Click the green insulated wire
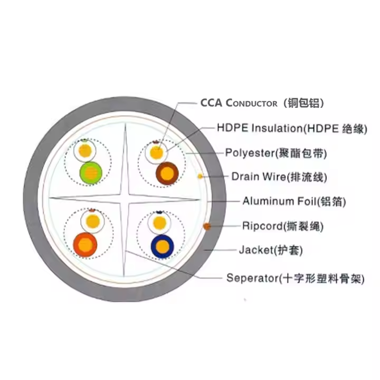(x=90, y=173)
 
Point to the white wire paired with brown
(x=157, y=153)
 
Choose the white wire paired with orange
(x=91, y=221)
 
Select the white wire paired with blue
(x=158, y=222)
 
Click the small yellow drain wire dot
(x=199, y=175)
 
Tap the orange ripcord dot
(x=207, y=226)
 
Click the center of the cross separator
(x=125, y=198)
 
